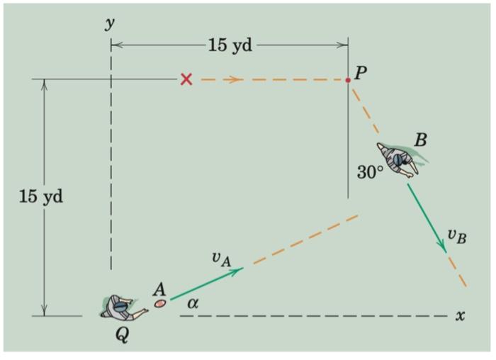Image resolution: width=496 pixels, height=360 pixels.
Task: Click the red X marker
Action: point(186,79)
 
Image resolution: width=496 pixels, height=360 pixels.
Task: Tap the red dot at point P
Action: point(348,80)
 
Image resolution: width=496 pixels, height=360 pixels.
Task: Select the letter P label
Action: point(360,74)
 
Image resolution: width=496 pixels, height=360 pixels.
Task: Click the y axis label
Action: point(109,23)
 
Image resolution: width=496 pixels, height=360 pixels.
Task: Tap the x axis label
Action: point(460,315)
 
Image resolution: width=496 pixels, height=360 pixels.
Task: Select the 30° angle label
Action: point(370,172)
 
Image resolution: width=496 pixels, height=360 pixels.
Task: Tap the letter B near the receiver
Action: point(420,139)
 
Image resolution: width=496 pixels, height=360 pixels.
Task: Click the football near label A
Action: point(160,303)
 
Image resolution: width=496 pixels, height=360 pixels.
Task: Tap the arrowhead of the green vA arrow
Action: point(239,269)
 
